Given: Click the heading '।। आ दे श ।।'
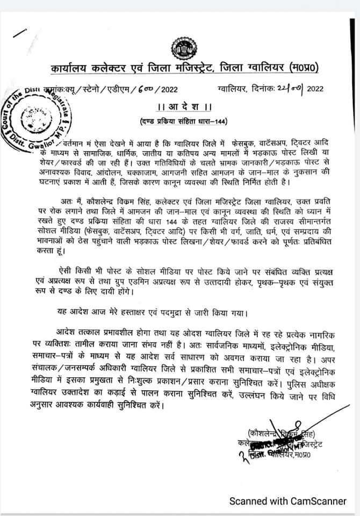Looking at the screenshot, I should click(x=181, y=105).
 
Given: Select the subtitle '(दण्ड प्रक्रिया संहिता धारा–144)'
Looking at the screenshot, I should click(x=180, y=120).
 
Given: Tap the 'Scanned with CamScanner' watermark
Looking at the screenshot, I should click(x=288, y=501).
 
